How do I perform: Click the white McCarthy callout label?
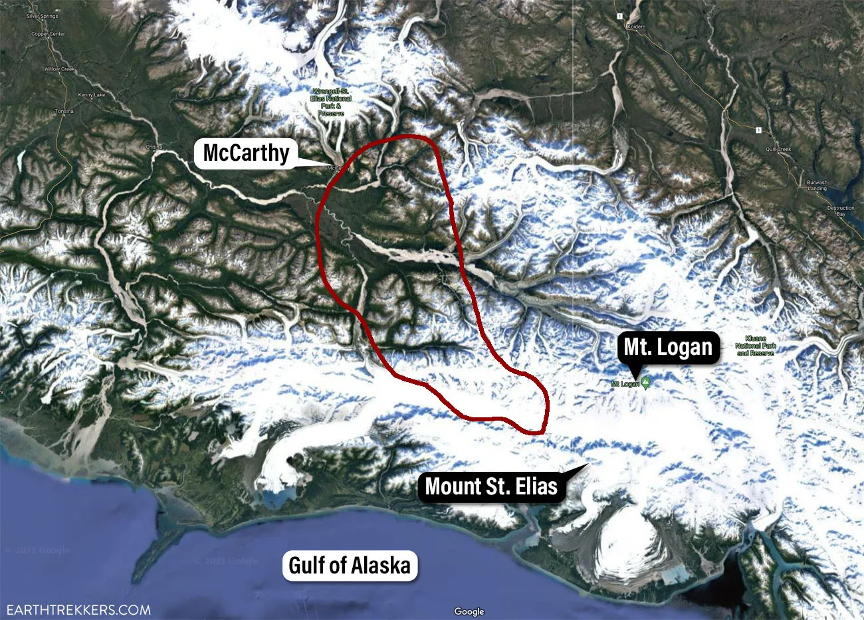(246, 153)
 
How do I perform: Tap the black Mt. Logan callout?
(668, 347)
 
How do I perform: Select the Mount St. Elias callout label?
(491, 486)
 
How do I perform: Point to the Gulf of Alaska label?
(350, 566)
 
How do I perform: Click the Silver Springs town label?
(42, 15)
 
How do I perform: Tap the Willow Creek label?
(60, 69)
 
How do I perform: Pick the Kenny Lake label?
(91, 95)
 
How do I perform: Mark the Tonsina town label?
(64, 111)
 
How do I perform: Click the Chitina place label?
(153, 147)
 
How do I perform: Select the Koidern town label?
(636, 27)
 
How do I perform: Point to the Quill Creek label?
(778, 150)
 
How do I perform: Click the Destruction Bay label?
(841, 211)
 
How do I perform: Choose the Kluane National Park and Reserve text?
(756, 350)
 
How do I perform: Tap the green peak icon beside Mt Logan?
(645, 383)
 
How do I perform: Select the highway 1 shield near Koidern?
(618, 16)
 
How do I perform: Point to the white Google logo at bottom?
(469, 611)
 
